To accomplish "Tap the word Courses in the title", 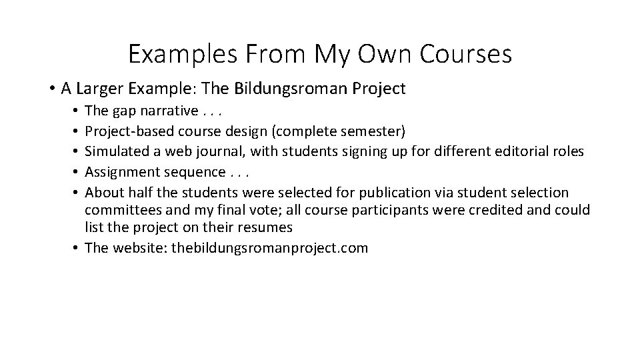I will point(465,54).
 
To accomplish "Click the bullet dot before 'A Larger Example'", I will point(51,89).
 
